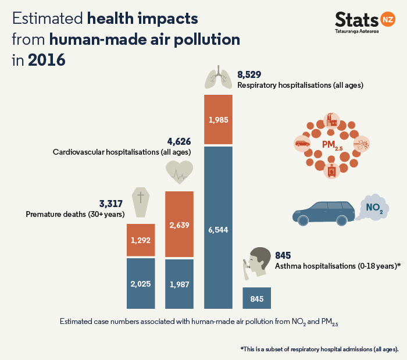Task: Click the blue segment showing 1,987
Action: [179, 283]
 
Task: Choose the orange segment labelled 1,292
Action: [140, 240]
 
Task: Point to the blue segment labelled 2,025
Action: [140, 283]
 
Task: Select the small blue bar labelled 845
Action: [257, 298]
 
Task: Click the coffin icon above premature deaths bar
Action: [140, 203]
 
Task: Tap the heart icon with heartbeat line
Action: [179, 172]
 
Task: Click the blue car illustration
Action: [324, 213]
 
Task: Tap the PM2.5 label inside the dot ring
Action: [333, 144]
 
